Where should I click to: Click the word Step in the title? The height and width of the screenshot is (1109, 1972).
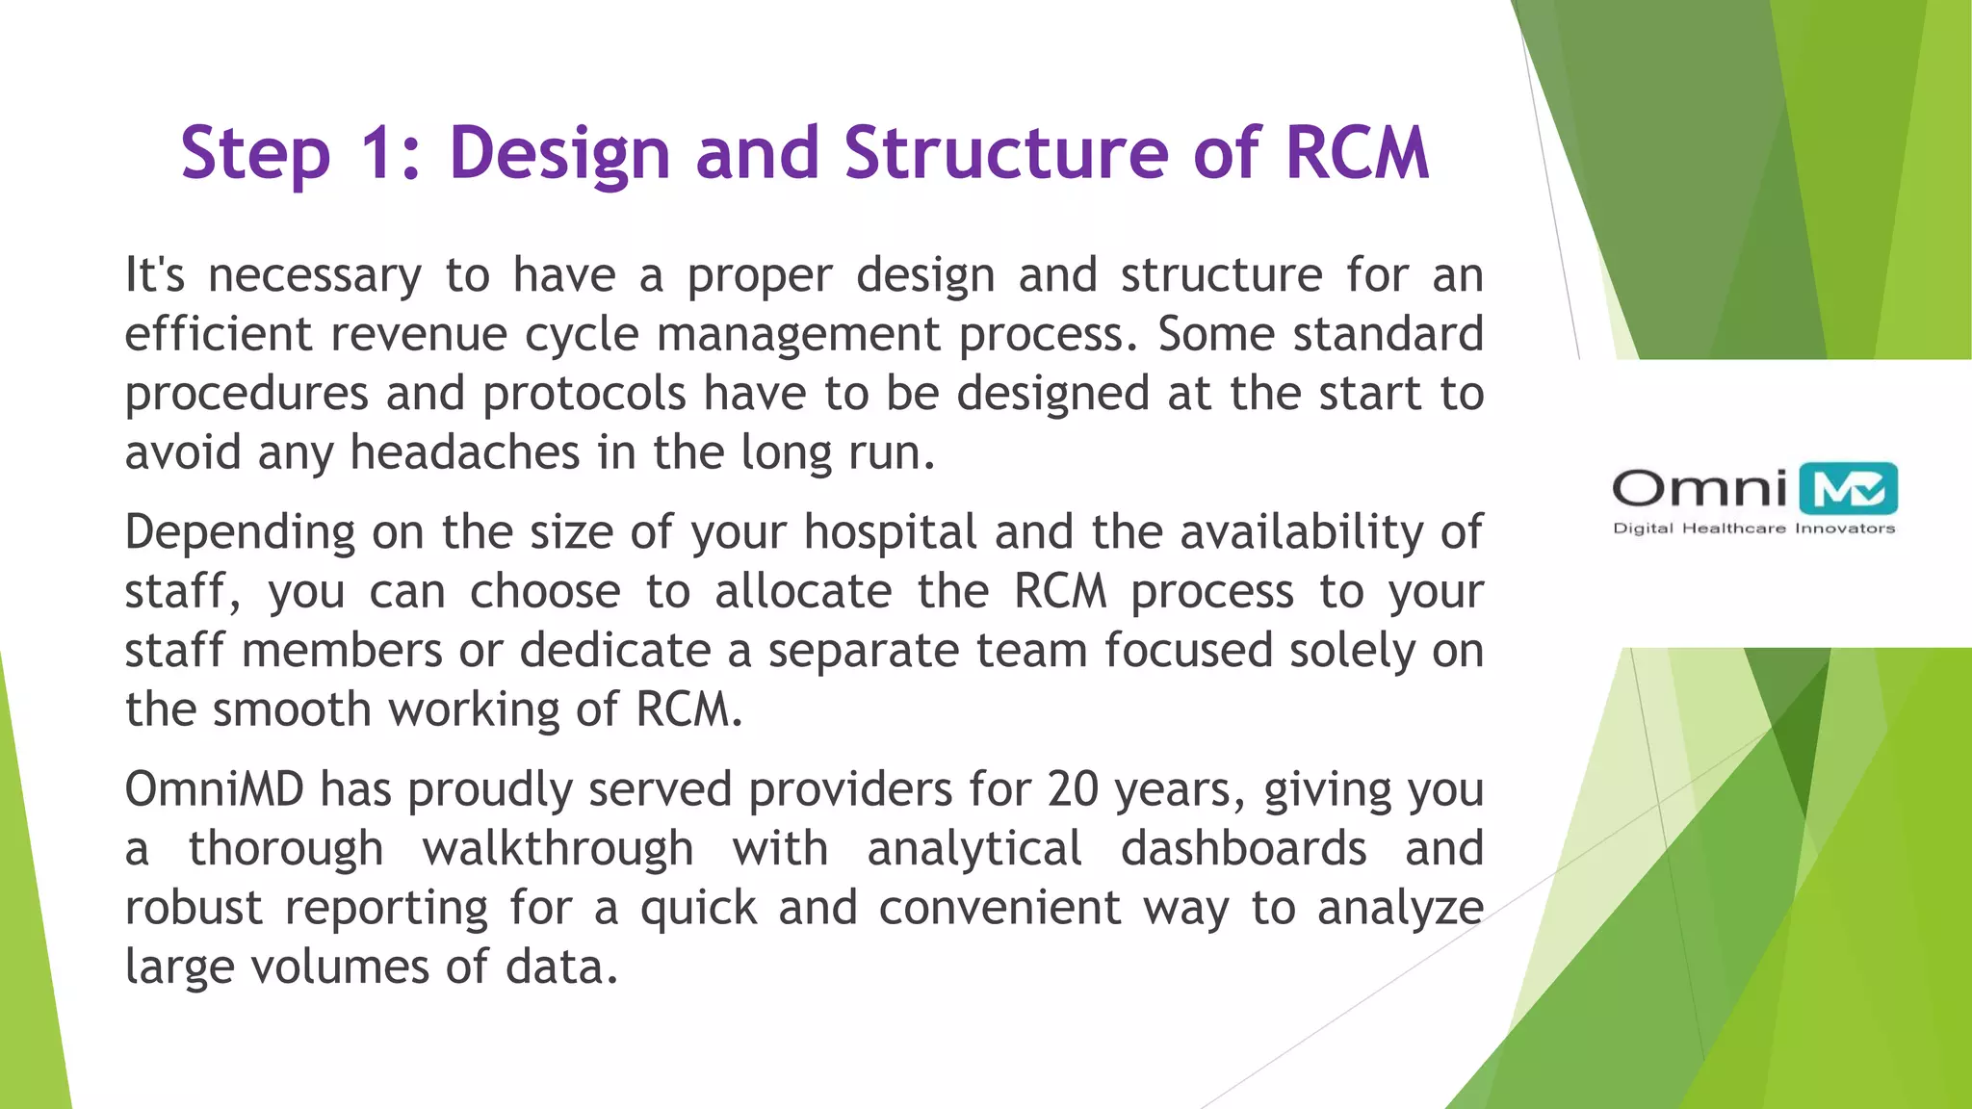click(x=255, y=154)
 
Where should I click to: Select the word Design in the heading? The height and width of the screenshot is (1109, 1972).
click(x=559, y=154)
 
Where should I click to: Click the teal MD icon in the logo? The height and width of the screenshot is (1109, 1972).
click(x=1848, y=489)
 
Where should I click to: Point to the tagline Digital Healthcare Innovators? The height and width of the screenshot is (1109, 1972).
click(x=1753, y=529)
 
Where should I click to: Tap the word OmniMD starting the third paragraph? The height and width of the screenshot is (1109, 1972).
click(x=214, y=789)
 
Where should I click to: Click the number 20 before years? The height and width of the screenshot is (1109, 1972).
click(x=1073, y=789)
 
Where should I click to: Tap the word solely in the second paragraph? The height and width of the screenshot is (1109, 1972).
click(x=1352, y=651)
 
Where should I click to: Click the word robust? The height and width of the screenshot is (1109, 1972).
click(x=194, y=908)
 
